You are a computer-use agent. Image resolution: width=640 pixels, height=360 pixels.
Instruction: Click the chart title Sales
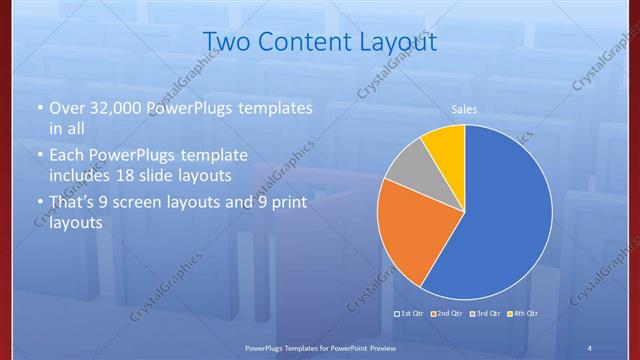(464, 109)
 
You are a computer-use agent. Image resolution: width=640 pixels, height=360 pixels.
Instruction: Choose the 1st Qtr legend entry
(410, 314)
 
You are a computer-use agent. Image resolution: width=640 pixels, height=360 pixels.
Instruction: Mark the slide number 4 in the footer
(590, 346)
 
